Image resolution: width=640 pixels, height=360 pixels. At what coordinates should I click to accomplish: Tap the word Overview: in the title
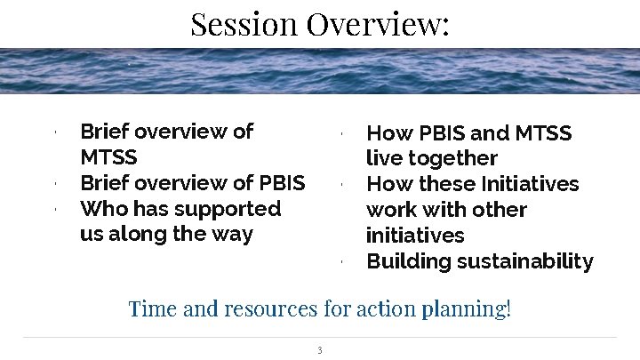pos(379,23)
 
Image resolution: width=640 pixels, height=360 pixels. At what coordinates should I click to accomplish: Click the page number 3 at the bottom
pos(319,349)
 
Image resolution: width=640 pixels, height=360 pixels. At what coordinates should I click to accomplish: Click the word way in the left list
pos(231,235)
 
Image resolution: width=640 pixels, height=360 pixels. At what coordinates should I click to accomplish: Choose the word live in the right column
pos(384,158)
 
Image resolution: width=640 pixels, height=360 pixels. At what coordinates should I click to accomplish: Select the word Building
pos(408,261)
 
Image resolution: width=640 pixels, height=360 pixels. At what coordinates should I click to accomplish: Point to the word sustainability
pos(524,261)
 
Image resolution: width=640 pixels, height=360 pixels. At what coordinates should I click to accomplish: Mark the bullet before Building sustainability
pos(341,262)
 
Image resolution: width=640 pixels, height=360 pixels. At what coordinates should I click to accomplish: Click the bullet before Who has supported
pos(55,210)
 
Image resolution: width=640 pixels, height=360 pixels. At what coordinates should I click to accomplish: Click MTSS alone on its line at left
pos(109,158)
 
